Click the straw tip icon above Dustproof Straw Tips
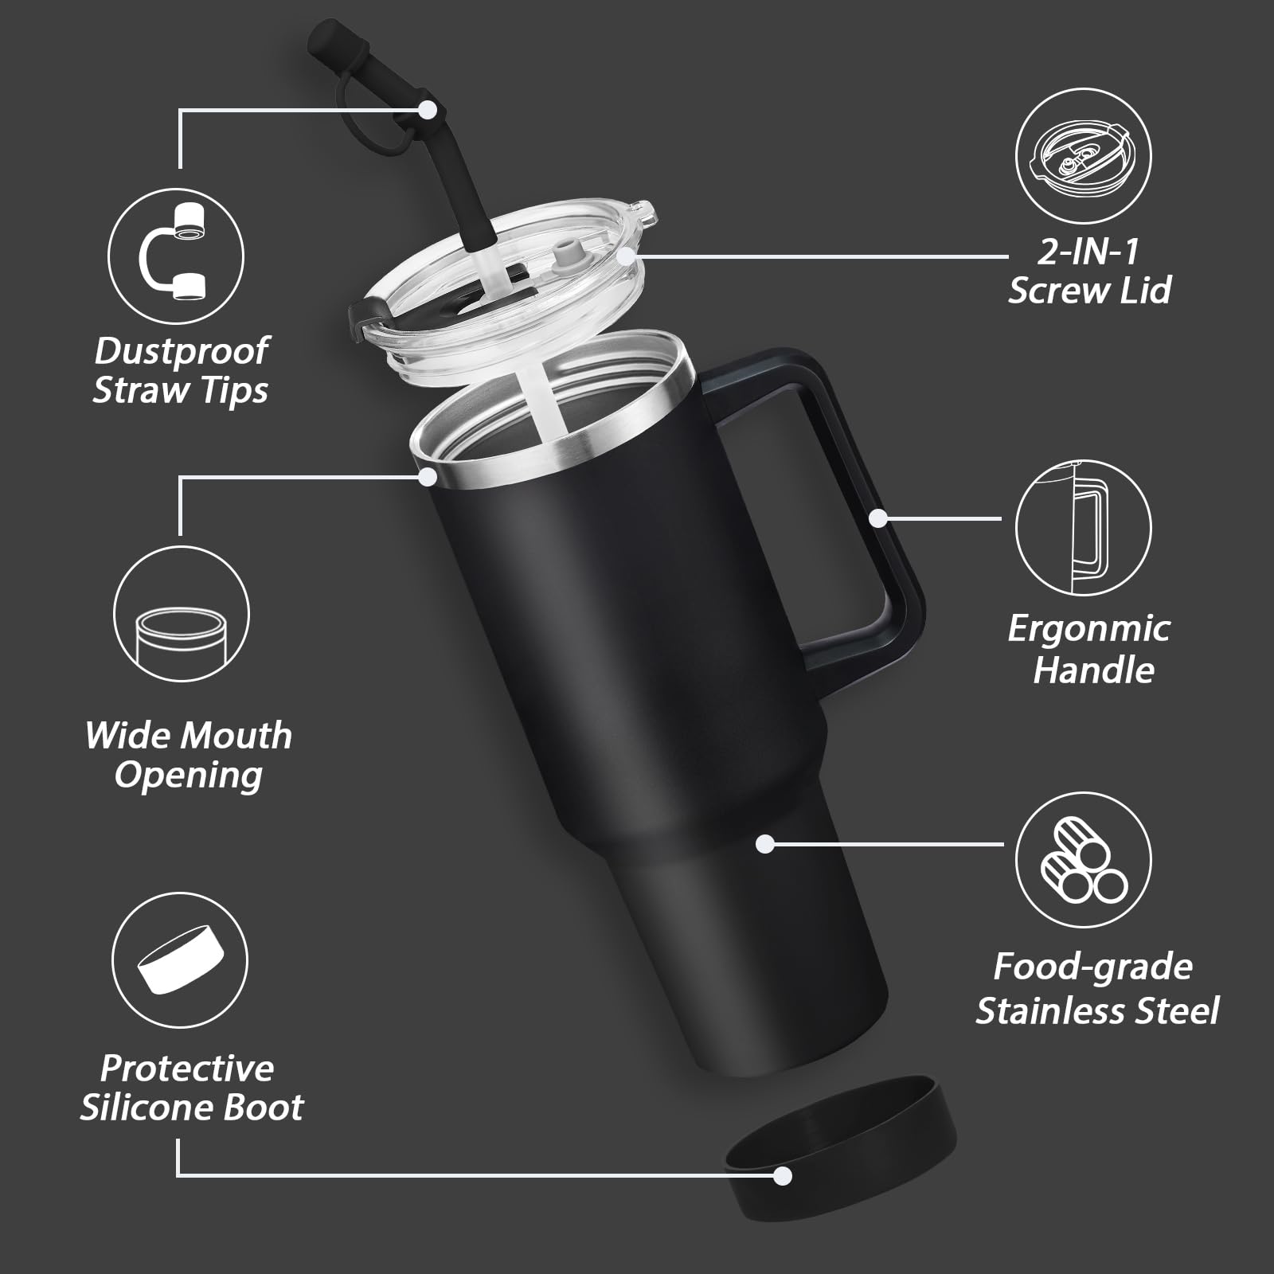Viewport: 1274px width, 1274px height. pos(176,256)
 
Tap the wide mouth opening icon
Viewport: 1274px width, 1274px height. pos(182,616)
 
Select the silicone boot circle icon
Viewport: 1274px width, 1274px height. pos(180,960)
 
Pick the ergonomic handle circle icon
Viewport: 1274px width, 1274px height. pos(1083,528)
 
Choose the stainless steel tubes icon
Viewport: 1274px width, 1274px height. pos(1083,861)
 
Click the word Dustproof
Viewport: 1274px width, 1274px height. pos(182,351)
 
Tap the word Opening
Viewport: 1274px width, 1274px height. pos(189,776)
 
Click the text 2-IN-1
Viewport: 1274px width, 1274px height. pos(1088,252)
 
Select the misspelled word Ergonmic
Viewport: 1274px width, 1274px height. pos(1088,629)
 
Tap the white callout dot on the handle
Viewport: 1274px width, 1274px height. pos(877,518)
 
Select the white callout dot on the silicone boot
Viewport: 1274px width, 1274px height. pos(783,1175)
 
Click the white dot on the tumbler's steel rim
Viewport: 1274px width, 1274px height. pos(428,476)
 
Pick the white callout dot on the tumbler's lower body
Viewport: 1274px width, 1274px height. pos(765,844)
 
